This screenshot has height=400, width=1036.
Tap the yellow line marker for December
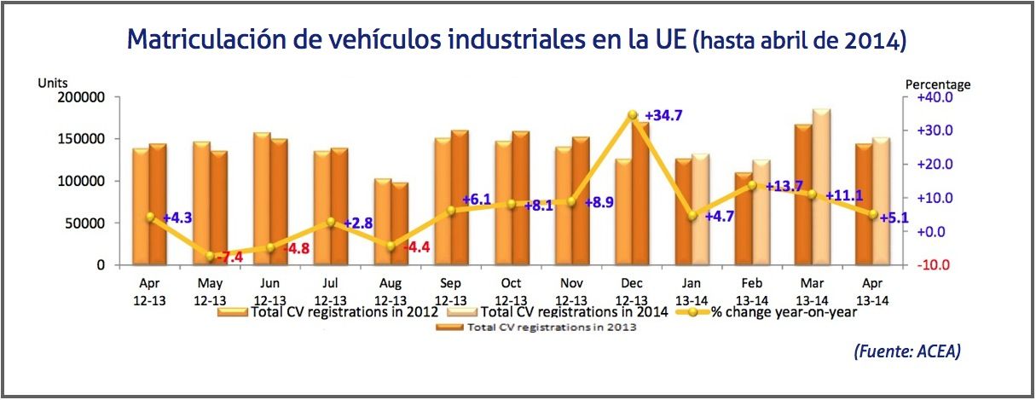632,114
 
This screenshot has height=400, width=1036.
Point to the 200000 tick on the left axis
80,97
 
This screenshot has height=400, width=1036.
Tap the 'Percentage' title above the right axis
937,84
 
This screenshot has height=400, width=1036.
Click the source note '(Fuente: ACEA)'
906,351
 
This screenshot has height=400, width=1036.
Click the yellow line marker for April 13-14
873,215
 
